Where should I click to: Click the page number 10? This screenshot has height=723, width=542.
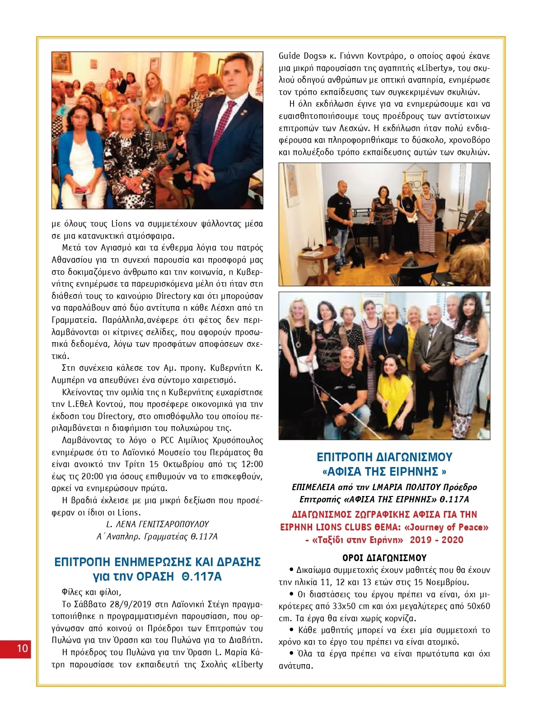coord(22,648)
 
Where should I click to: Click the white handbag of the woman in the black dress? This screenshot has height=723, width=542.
coord(411,218)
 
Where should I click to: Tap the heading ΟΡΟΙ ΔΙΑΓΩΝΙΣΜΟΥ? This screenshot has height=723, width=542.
coord(384,558)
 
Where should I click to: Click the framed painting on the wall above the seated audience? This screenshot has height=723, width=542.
coord(61,63)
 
